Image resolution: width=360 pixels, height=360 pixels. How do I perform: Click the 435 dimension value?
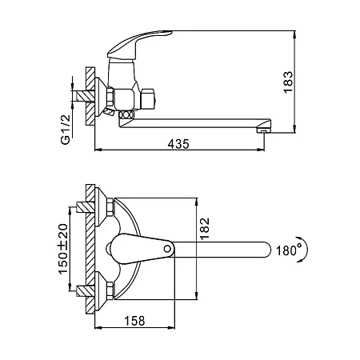click(178, 144)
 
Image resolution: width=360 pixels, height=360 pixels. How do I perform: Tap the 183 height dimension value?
click(288, 82)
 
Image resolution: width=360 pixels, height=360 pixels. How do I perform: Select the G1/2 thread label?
click(66, 130)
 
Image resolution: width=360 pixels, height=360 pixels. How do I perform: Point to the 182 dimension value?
click(205, 229)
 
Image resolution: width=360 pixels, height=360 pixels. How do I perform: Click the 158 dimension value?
click(134, 321)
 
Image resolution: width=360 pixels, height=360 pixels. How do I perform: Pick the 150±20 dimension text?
click(63, 249)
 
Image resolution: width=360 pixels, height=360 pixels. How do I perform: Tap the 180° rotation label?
click(287, 250)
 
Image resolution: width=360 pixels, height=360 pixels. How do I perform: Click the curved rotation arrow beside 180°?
click(306, 249)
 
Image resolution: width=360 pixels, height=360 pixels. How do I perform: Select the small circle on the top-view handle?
click(167, 249)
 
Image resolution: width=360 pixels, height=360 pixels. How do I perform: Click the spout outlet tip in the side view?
click(263, 131)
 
